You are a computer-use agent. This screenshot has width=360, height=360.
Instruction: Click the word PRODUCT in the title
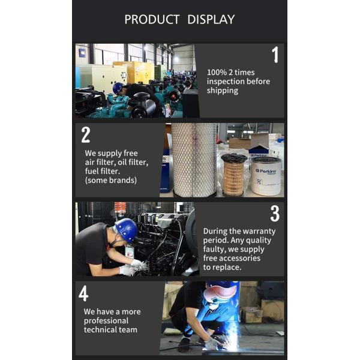tap(152, 20)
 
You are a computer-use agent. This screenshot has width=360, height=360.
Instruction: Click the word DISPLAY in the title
tap(211, 20)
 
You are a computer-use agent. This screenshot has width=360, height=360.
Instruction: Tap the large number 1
tap(275, 55)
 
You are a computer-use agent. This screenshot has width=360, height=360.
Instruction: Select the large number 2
tap(86, 135)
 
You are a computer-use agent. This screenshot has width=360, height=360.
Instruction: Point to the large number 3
tap(275, 214)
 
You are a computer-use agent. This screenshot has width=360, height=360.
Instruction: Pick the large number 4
tap(83, 293)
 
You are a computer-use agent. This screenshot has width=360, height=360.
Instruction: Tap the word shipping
tap(222, 91)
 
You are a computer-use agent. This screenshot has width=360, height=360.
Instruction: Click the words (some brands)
tap(110, 180)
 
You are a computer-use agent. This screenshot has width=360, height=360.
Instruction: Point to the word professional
tap(106, 321)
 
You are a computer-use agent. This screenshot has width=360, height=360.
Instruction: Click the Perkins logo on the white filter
tap(266, 171)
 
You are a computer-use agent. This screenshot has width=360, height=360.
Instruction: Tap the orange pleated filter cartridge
tap(233, 175)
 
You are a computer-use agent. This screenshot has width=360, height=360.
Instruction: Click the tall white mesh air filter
tap(194, 160)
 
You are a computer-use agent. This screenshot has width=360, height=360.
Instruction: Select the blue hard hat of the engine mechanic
tap(127, 230)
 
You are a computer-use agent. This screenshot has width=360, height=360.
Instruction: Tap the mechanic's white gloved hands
tap(134, 268)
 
